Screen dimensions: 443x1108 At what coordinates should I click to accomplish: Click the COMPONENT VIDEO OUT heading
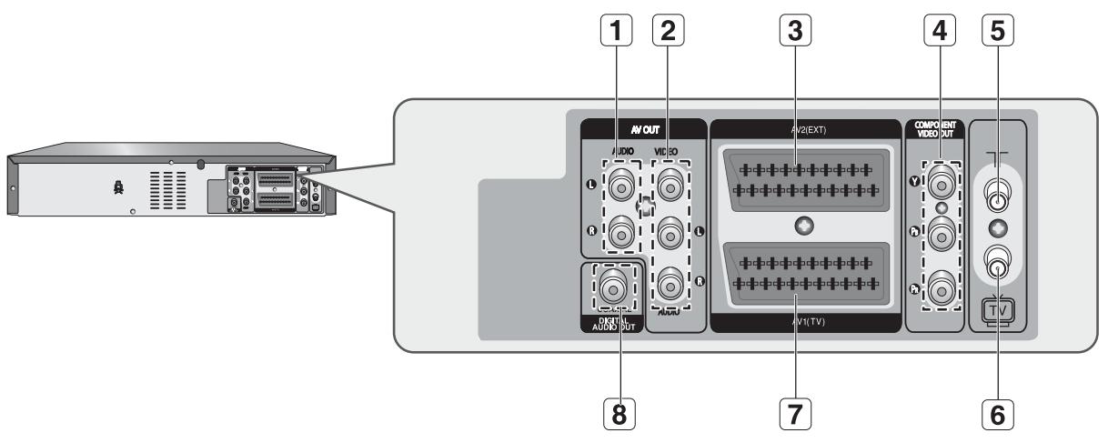coord(936,129)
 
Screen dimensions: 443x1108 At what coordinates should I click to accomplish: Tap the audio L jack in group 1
coord(620,186)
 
